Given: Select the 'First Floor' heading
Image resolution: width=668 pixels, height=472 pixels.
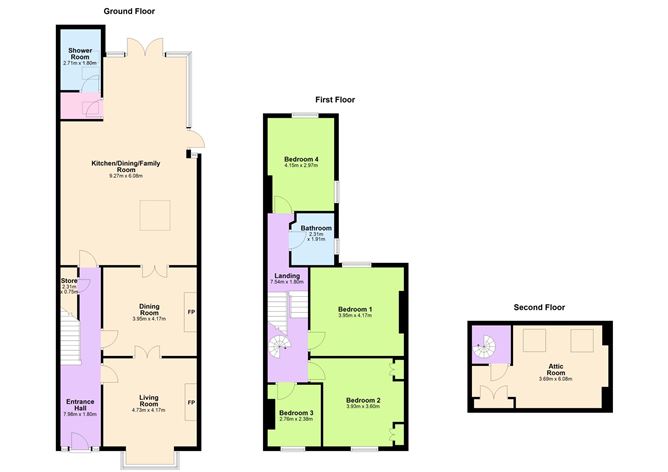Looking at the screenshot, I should pos(335,100).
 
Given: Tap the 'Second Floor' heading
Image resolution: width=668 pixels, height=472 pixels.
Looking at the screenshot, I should pos(539,307).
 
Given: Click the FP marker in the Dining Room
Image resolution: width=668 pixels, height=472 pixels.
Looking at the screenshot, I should pos(191,313).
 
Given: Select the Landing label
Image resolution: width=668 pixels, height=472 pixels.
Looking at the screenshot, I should pos(287,278).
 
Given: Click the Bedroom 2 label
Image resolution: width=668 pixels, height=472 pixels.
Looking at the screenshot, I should pos(362,402).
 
